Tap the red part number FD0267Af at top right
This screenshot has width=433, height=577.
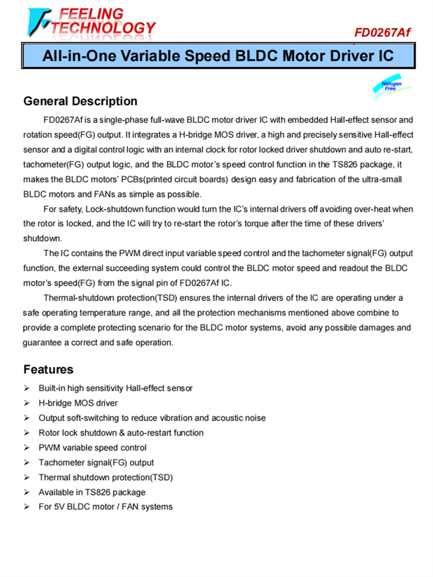382,32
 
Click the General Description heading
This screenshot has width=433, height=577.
80,101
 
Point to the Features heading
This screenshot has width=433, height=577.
48,369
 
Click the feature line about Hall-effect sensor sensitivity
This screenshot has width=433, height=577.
115,388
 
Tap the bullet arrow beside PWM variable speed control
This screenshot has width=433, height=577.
27,448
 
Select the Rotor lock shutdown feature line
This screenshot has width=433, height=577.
121,433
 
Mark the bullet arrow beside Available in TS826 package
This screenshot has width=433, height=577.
27,492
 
